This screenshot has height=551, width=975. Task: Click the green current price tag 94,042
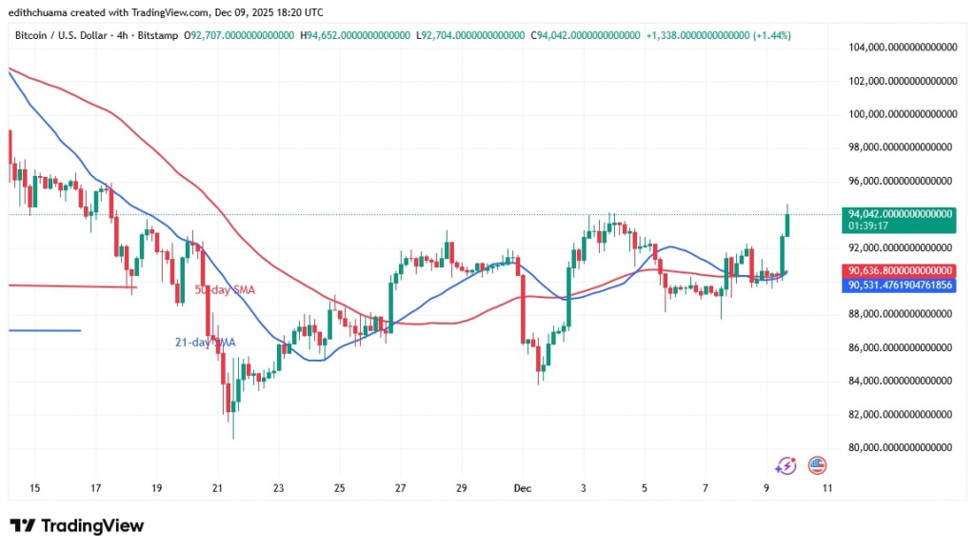coord(901,215)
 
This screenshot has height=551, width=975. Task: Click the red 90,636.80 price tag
coord(901,270)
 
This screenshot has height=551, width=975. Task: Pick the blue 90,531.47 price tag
coord(901,285)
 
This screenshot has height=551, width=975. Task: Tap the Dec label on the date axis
coord(522,488)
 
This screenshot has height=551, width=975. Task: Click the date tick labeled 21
coord(217,488)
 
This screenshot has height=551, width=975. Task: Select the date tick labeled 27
coord(400,488)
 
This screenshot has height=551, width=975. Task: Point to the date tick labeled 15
coord(34,488)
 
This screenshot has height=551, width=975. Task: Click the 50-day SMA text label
coord(225,289)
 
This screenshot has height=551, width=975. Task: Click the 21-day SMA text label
coord(206,342)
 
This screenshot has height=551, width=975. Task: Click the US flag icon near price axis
coord(816,465)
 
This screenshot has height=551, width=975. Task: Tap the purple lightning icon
coord(786,465)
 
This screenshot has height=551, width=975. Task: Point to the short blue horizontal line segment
coord(44,330)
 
